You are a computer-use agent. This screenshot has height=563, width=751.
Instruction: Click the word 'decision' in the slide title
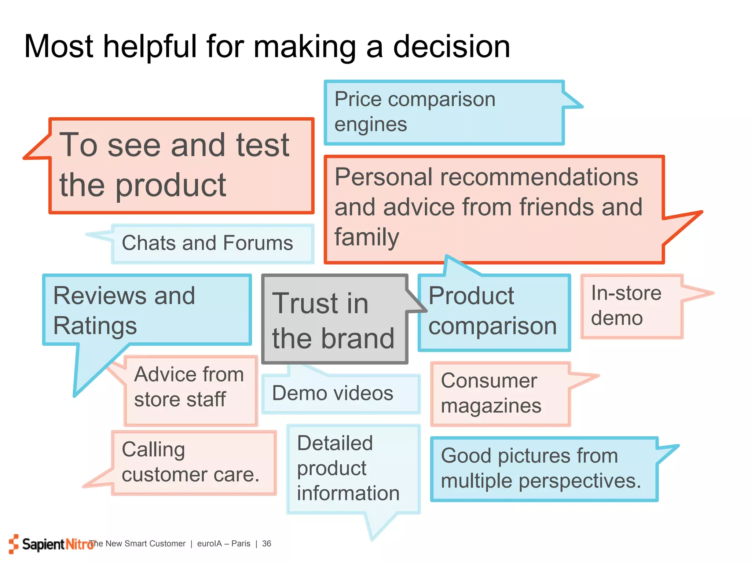(x=451, y=47)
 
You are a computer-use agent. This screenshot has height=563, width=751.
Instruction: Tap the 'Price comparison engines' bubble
(x=444, y=112)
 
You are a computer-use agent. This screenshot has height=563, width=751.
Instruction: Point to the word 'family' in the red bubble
(x=366, y=237)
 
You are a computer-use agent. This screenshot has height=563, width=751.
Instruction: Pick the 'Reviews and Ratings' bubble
(x=147, y=310)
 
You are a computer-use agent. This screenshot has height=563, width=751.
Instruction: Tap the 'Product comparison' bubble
(x=494, y=312)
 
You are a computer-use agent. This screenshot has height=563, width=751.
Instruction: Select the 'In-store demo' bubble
(x=631, y=306)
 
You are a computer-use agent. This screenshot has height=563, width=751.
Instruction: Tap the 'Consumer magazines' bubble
(x=499, y=394)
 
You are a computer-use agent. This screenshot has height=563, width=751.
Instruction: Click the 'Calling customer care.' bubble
(x=193, y=463)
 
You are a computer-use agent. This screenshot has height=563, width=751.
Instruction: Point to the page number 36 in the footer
(x=267, y=544)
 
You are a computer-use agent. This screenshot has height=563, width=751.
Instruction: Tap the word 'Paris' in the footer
(x=241, y=544)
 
